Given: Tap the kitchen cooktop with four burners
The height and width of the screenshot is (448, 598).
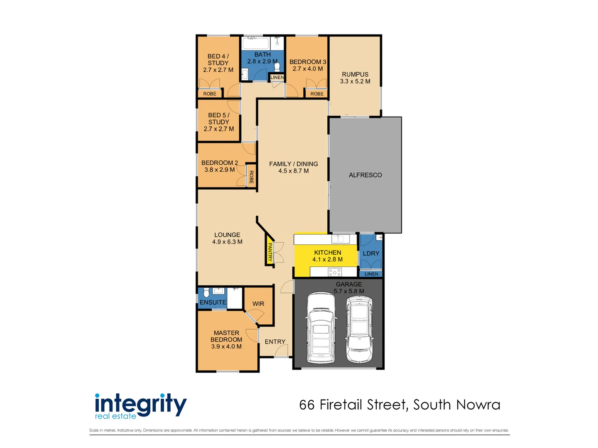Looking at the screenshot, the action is pos(335,272).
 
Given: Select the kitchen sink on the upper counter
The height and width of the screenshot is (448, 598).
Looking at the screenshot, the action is pos(340,239).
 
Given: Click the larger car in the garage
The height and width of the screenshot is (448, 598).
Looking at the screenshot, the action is pos(321,328).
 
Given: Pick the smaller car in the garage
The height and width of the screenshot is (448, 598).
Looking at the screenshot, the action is pos(359,329).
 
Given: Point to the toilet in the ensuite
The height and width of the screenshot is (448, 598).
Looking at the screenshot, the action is pos(206,293).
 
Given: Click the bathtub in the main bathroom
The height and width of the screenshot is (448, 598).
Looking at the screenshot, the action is pos(256,43).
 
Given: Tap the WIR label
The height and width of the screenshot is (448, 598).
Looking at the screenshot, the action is pos(258,304).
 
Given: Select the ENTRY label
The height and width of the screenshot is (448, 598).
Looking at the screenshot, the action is pos(275,342).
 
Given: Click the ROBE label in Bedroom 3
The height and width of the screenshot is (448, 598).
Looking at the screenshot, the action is pos(317,94).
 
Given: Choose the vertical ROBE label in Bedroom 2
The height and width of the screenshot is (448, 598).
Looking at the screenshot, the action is pos(251,177).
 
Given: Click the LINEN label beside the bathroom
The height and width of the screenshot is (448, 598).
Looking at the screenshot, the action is pos(277,78).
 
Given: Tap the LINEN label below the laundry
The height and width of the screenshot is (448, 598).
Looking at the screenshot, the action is pos(371,274).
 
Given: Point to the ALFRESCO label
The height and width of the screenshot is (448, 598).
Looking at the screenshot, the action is pos(365,175).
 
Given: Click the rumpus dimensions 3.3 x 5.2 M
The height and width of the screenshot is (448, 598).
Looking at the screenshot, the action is pos(355,81).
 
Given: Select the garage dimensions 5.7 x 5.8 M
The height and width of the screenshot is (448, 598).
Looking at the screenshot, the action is pos(349,291).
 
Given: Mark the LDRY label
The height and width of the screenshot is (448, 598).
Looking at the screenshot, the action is pos(371,253).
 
